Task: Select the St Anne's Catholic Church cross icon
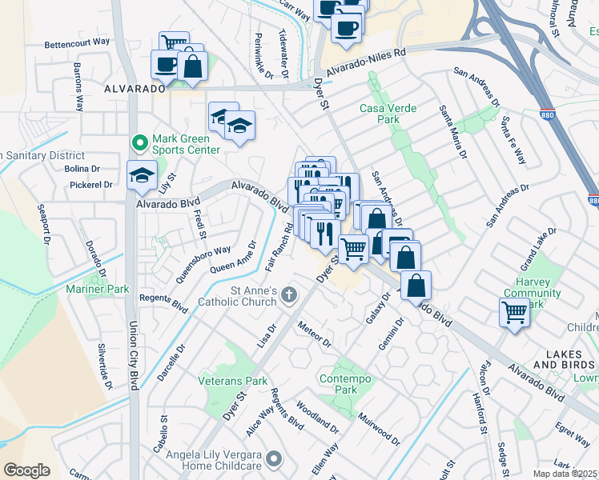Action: point(289,296)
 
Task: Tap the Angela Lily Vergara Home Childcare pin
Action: point(274,459)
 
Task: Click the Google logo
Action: point(26,470)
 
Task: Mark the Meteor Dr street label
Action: point(313,334)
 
